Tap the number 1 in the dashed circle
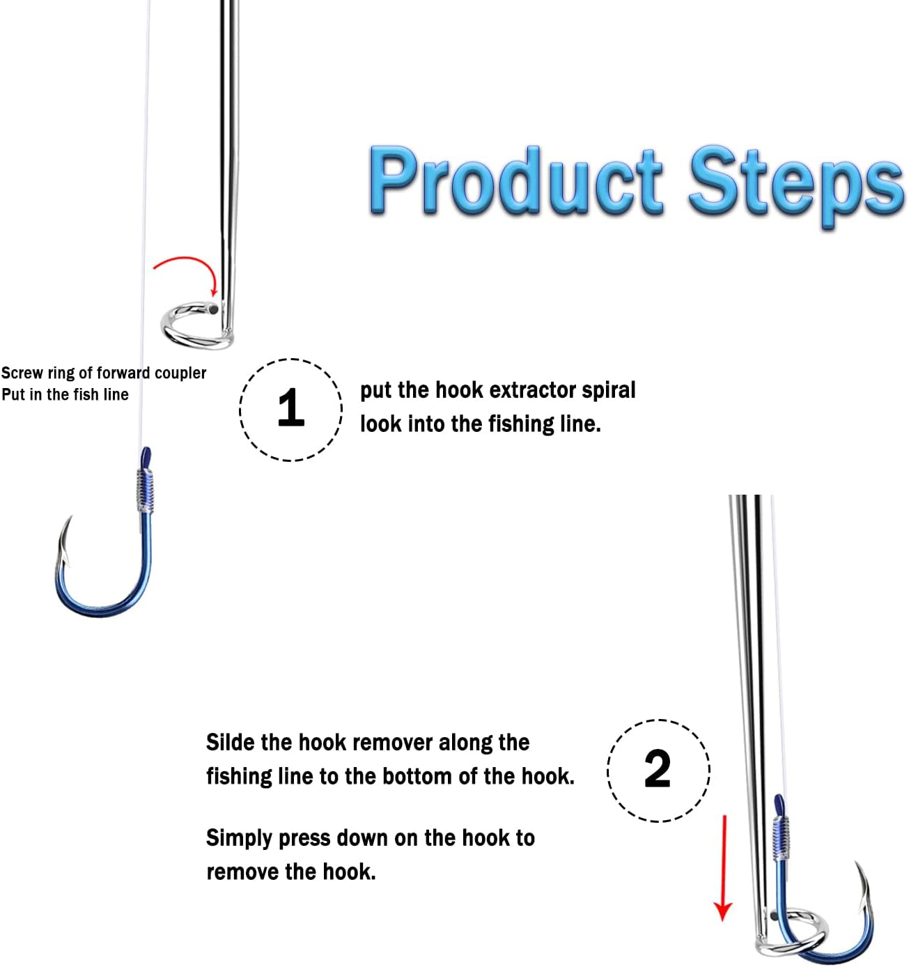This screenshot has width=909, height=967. pyautogui.click(x=290, y=409)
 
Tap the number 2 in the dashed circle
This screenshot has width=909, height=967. pyautogui.click(x=658, y=770)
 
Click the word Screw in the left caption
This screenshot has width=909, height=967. pyautogui.click(x=22, y=373)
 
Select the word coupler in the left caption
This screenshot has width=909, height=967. pyautogui.click(x=180, y=373)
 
